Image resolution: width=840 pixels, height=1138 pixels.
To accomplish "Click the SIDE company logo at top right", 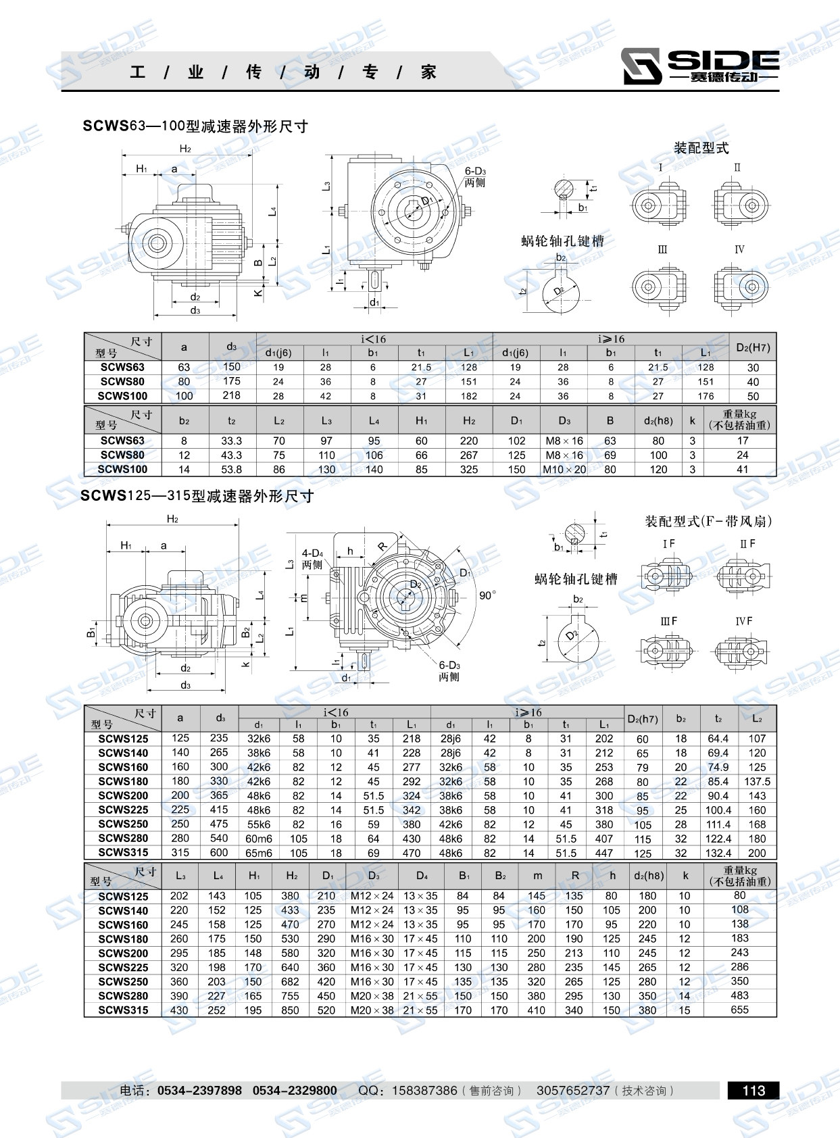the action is click(700, 66).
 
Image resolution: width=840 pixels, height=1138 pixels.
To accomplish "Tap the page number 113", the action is click(753, 1090).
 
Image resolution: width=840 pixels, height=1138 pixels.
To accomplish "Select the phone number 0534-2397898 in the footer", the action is click(199, 1090).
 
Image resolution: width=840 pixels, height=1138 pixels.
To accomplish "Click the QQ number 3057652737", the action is click(572, 1090).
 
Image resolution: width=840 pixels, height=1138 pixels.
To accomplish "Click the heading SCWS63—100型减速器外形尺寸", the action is click(195, 126).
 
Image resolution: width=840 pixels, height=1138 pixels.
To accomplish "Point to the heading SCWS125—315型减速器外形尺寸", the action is click(197, 496).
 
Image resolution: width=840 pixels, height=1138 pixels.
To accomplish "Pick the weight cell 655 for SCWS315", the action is click(739, 1010).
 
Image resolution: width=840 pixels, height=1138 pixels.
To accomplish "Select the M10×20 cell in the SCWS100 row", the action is click(564, 470).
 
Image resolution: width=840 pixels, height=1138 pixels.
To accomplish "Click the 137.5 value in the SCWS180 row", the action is click(757, 781).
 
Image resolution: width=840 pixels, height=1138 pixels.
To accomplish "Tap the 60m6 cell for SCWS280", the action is click(259, 839).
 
